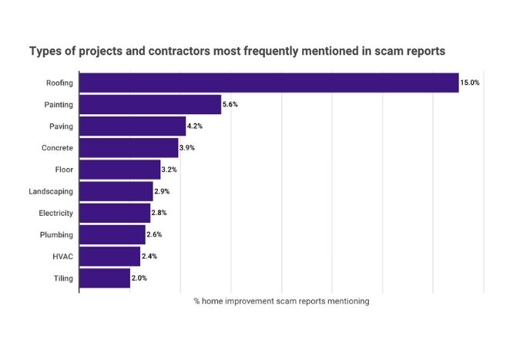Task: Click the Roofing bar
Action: [x=269, y=82]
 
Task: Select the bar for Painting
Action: [x=150, y=104]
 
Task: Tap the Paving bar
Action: [x=133, y=126]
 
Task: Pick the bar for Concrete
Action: [x=129, y=147]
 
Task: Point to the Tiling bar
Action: [x=105, y=278]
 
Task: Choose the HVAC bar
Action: [x=109, y=256]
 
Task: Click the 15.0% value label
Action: [x=470, y=82]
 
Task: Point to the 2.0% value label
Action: [x=139, y=278]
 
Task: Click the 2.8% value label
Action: [x=159, y=213]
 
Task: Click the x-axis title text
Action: [x=281, y=301]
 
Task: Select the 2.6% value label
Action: [x=155, y=234]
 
